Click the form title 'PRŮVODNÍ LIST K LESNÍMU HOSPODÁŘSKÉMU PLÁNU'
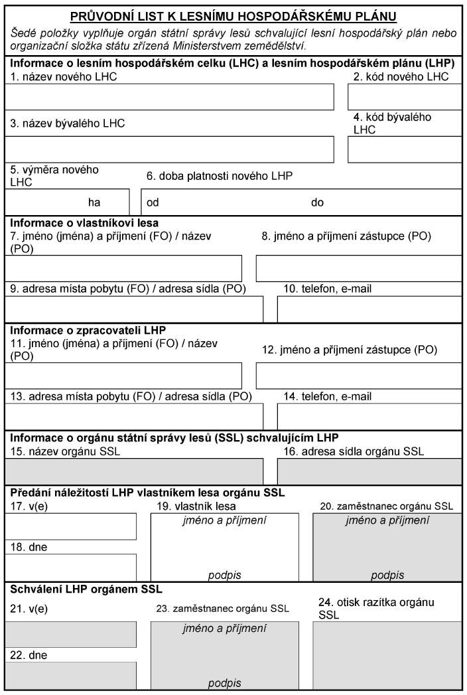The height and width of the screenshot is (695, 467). (233, 16)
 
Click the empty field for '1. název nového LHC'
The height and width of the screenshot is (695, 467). (169, 97)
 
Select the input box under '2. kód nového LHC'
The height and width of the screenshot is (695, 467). (405, 97)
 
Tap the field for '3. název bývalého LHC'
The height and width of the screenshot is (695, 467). (169, 149)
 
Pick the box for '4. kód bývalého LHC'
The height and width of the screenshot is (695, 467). (405, 149)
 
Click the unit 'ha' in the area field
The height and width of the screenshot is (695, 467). (95, 202)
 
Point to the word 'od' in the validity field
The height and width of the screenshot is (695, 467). (153, 202)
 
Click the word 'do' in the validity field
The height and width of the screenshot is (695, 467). (317, 202)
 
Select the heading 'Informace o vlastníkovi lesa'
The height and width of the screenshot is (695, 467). (84, 223)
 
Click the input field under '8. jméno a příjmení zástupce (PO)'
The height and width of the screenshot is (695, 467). (358, 268)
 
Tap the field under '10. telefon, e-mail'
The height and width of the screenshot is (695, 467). (369, 309)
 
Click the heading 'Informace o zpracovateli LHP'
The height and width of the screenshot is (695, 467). (88, 330)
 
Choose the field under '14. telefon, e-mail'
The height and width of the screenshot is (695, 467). (369, 416)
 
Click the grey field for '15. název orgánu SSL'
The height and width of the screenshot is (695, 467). (134, 471)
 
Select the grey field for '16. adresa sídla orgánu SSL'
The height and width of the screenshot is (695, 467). (369, 471)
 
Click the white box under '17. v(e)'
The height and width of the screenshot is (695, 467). (71, 526)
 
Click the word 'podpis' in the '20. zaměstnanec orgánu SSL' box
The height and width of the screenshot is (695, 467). (387, 576)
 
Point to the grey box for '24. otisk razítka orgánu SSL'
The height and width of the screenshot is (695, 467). (387, 655)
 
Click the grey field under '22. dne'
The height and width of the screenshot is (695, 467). (71, 675)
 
